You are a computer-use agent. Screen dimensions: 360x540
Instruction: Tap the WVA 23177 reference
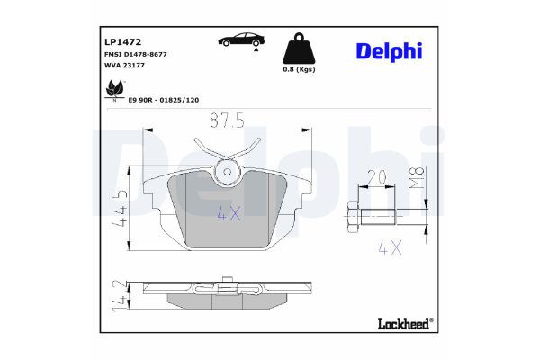[123, 67]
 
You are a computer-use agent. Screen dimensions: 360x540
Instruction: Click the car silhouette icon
[240, 40]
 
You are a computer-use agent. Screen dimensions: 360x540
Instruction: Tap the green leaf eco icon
[115, 89]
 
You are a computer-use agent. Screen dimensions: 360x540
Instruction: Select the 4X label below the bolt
[389, 247]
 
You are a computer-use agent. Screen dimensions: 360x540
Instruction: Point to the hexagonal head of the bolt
[352, 215]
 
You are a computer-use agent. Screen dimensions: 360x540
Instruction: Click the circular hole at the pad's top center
[228, 170]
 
